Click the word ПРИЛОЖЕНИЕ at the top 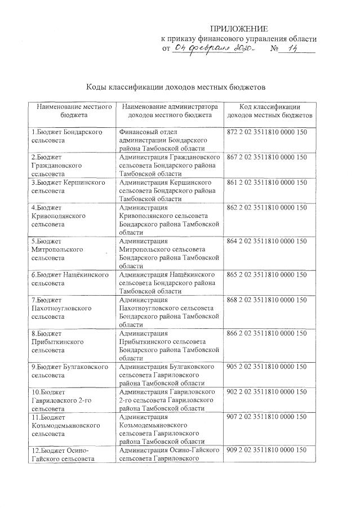click(239, 28)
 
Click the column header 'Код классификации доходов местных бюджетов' click(269, 110)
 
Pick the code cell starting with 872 click(266, 131)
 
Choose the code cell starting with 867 click(266, 157)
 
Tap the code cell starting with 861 click(266, 182)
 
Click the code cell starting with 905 click(266, 367)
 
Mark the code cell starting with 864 click(266, 241)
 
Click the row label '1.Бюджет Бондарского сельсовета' click(66, 135)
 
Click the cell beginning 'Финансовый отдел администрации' click(165, 139)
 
